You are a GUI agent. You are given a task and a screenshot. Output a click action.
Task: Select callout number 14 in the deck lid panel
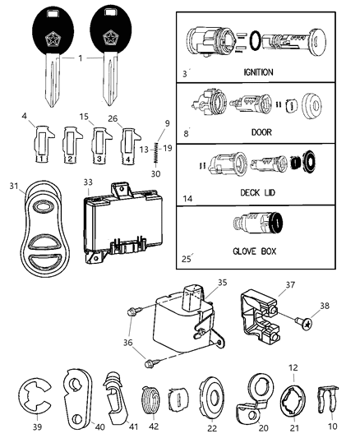click(x=186, y=199)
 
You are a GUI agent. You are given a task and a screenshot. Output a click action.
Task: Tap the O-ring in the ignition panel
click(x=256, y=38)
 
